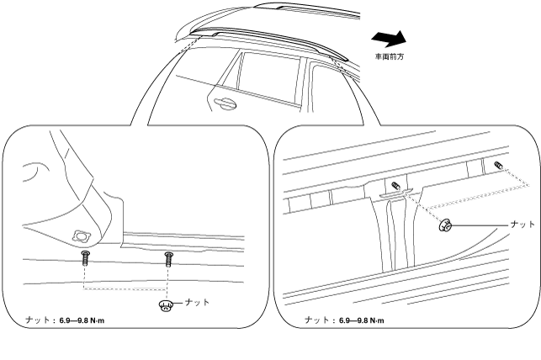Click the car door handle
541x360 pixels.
click(223, 103)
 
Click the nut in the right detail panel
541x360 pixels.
click(448, 225)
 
